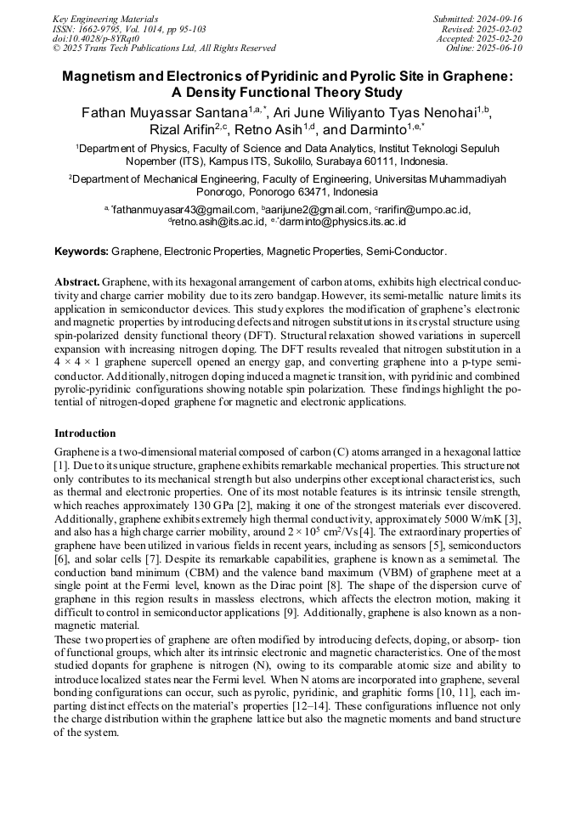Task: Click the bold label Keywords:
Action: pyautogui.click(x=82, y=252)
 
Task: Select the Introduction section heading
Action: pyautogui.click(x=85, y=433)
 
